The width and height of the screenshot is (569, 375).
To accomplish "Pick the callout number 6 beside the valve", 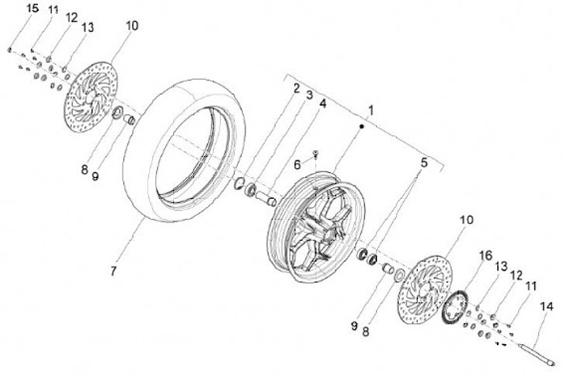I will [x=298, y=165].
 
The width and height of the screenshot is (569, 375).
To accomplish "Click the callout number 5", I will [x=424, y=163].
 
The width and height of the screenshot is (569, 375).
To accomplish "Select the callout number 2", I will [x=296, y=88].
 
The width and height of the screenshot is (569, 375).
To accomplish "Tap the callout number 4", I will [x=322, y=103].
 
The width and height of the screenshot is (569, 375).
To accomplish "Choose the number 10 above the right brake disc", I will [x=465, y=220].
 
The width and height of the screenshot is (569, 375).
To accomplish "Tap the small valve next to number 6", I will [x=315, y=153].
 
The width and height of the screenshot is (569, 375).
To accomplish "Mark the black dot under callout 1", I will [x=362, y=126].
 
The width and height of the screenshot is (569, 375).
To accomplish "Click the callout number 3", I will [x=309, y=96].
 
